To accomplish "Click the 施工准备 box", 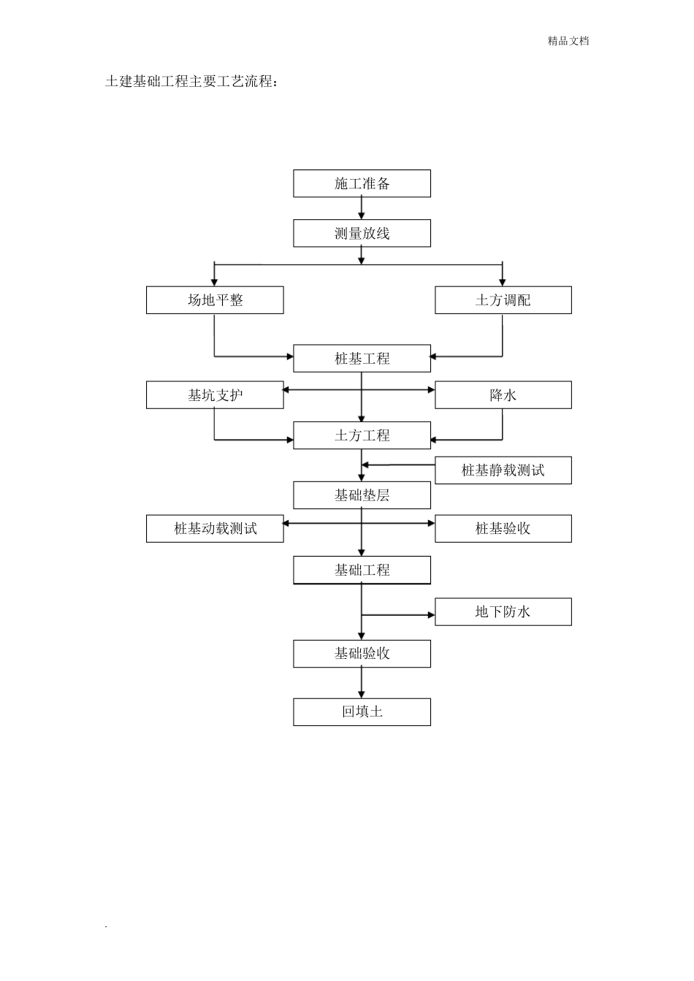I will pos(362,183).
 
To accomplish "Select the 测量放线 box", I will pos(362,234).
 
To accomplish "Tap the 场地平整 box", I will pos(215,300).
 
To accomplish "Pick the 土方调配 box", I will pos(503,300).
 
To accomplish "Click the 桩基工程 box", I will pos(362,359).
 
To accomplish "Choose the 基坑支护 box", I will pos(215,395).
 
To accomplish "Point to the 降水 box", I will pos(503,395).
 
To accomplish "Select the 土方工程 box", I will pos(362,435).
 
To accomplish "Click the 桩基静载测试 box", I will pos(503,470).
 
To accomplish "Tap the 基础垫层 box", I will pos(362,495).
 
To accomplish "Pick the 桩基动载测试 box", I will pos(215,529).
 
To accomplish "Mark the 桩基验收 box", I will pos(503,529).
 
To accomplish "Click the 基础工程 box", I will pos(362,570).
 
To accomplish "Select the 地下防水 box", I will pos(503,611).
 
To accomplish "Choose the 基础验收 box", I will pos(362,654).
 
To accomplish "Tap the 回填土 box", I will pos(362,711).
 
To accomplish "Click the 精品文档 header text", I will pos(568,41).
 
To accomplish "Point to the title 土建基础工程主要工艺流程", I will pos(191,81).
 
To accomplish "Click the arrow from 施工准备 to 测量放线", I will pos(362,208).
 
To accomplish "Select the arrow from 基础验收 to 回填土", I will pos(362,683).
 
